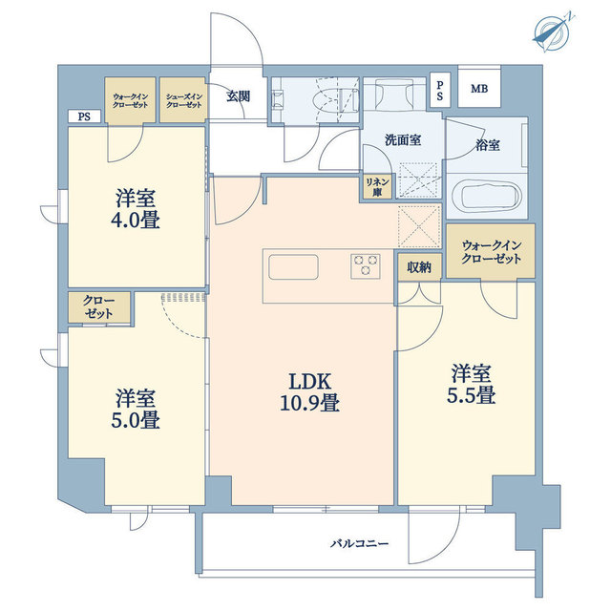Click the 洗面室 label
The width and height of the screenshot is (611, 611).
click(x=403, y=139)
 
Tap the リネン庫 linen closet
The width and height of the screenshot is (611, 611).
click(x=374, y=185)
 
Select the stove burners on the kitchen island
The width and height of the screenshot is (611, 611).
click(x=365, y=264)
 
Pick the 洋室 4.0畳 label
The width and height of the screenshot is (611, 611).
click(x=137, y=209)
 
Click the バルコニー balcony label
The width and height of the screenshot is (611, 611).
click(x=359, y=543)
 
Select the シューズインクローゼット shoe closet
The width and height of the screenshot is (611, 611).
click(x=183, y=100)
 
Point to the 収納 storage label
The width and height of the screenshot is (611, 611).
click(x=418, y=268)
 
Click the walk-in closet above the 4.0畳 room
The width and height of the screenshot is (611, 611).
click(x=131, y=100)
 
